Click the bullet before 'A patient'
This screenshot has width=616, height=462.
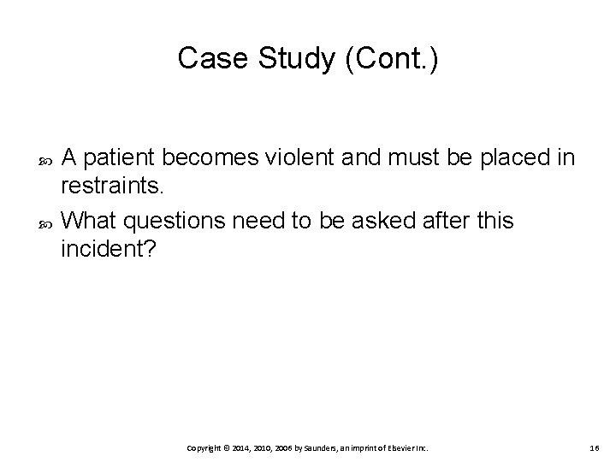[45, 158]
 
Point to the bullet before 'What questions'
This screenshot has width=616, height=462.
[45, 221]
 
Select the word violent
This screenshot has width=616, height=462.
[319, 157]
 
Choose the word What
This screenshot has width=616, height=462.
[90, 220]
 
